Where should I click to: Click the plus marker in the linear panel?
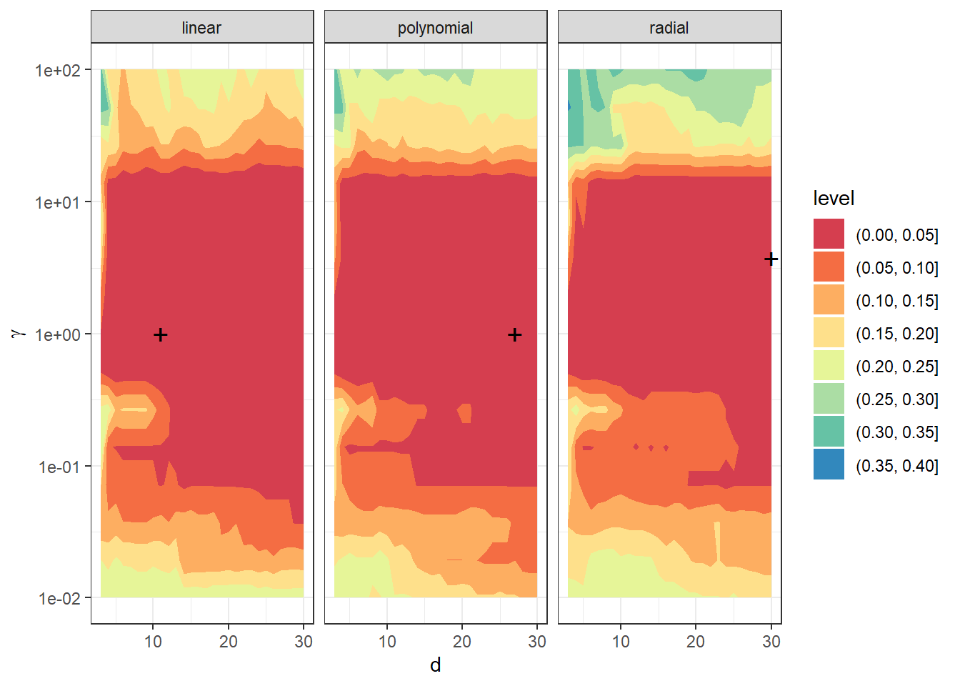click(x=161, y=334)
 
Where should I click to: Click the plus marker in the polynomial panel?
click(x=514, y=334)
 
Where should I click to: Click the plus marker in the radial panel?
click(x=771, y=259)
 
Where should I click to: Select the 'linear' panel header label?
click(x=201, y=28)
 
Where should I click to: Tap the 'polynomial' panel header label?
click(x=435, y=28)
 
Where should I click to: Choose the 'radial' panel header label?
click(x=669, y=28)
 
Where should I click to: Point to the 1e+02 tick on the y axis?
click(x=58, y=70)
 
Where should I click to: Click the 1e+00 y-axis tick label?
click(x=58, y=334)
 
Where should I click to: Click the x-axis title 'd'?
click(x=435, y=665)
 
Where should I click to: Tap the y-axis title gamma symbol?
click(x=18, y=333)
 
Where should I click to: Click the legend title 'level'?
click(x=834, y=198)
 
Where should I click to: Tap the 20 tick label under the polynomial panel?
click(x=461, y=642)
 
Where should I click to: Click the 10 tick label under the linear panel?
click(x=153, y=642)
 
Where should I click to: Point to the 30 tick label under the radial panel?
click(x=771, y=642)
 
